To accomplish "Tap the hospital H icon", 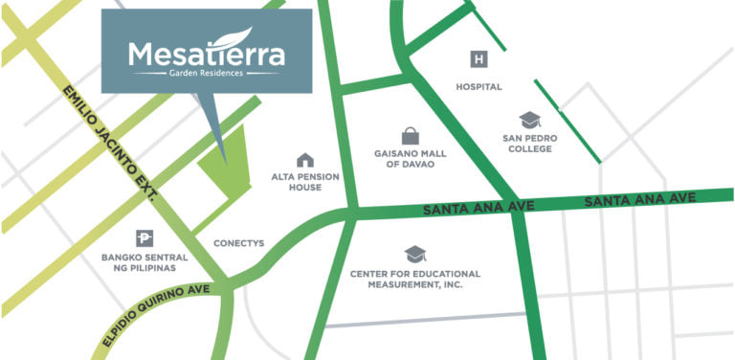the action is pyautogui.click(x=479, y=60).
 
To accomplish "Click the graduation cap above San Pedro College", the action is pyautogui.click(x=530, y=121).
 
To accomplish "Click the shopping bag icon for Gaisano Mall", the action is pyautogui.click(x=411, y=136).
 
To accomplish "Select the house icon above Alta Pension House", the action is pyautogui.click(x=305, y=160).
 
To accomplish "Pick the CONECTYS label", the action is pyautogui.click(x=238, y=243).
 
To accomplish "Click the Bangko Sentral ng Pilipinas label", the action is pyautogui.click(x=144, y=262).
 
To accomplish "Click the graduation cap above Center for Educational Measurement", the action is pyautogui.click(x=414, y=254).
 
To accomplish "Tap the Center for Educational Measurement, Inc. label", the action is pyautogui.click(x=414, y=280).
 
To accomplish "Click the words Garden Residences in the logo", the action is pyautogui.click(x=205, y=73).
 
